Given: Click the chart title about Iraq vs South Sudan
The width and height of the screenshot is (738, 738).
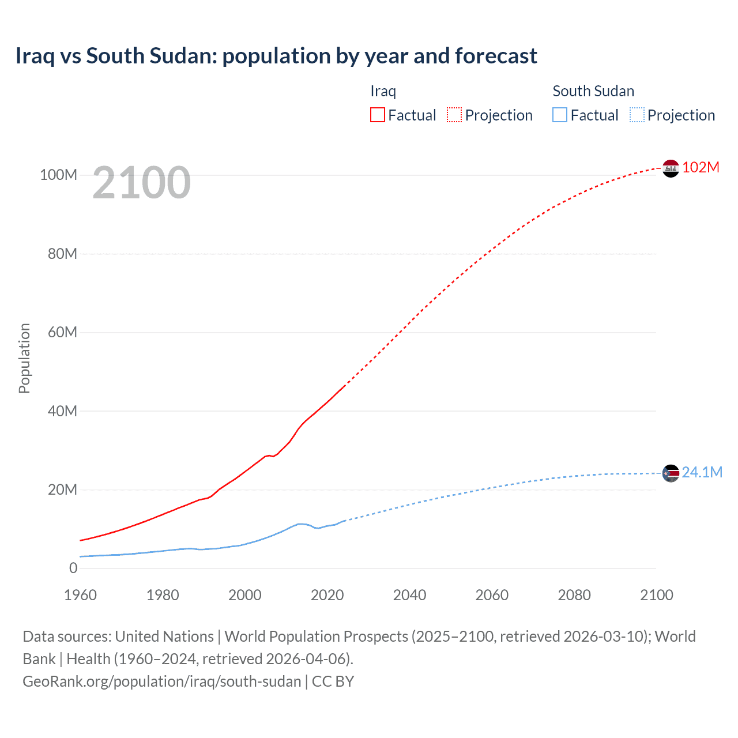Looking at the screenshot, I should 276,56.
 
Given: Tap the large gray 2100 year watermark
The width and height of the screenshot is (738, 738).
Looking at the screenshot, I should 141,183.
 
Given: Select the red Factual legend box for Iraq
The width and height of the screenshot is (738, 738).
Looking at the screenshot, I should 378,115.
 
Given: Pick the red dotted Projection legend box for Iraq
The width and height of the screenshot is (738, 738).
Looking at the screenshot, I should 454,115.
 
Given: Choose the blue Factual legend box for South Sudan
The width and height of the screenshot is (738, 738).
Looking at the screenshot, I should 560,115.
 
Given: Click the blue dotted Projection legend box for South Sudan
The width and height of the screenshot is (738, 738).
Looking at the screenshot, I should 637,115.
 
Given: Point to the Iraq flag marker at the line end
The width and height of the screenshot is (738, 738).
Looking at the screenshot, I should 671,168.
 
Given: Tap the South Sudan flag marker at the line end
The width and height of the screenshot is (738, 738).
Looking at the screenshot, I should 671,473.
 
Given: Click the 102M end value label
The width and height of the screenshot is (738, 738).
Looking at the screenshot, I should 701,167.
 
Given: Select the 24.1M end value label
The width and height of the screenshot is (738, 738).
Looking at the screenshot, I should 702,472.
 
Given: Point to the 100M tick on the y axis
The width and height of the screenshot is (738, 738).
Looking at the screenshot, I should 58,175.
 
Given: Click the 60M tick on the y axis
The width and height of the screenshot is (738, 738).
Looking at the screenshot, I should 62,332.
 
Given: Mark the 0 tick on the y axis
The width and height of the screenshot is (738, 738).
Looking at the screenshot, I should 73,568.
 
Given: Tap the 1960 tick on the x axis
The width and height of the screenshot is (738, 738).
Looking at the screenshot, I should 80,595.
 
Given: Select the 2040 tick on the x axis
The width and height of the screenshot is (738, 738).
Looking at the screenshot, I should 409,595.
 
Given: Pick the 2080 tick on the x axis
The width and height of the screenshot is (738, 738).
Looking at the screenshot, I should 574,595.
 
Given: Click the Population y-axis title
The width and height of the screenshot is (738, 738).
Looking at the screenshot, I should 24,358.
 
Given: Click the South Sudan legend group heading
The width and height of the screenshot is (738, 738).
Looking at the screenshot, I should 593,91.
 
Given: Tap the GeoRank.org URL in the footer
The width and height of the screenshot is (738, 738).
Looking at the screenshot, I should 162,681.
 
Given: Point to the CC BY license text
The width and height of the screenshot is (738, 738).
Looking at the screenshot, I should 333,681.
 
